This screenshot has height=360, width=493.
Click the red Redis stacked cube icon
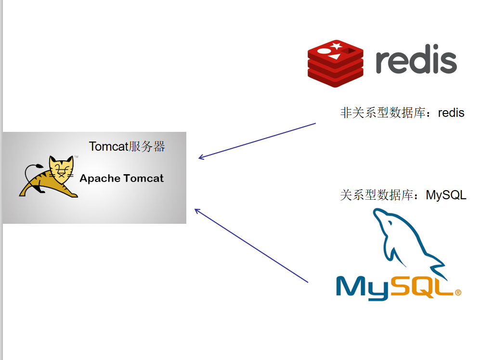tap(336, 64)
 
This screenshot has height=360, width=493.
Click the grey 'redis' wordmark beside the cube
tap(416, 61)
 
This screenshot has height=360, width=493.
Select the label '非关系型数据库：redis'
tap(402, 113)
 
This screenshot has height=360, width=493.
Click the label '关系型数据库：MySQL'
tap(403, 195)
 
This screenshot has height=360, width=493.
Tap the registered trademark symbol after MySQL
tap(458, 292)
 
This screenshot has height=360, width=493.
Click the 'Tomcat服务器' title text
tap(127, 147)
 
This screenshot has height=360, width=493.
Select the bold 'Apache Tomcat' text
tap(121, 179)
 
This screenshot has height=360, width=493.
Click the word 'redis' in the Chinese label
tap(451, 113)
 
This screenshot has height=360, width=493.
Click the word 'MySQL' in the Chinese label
tap(446, 195)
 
